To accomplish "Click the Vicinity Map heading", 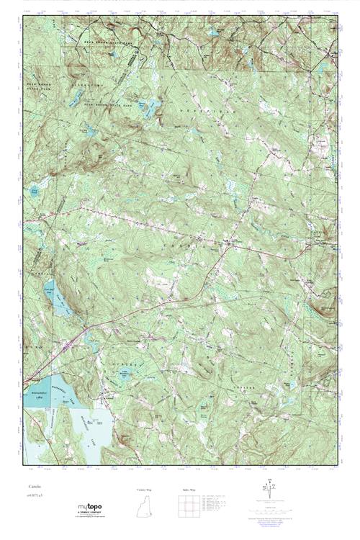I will point(145,490).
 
